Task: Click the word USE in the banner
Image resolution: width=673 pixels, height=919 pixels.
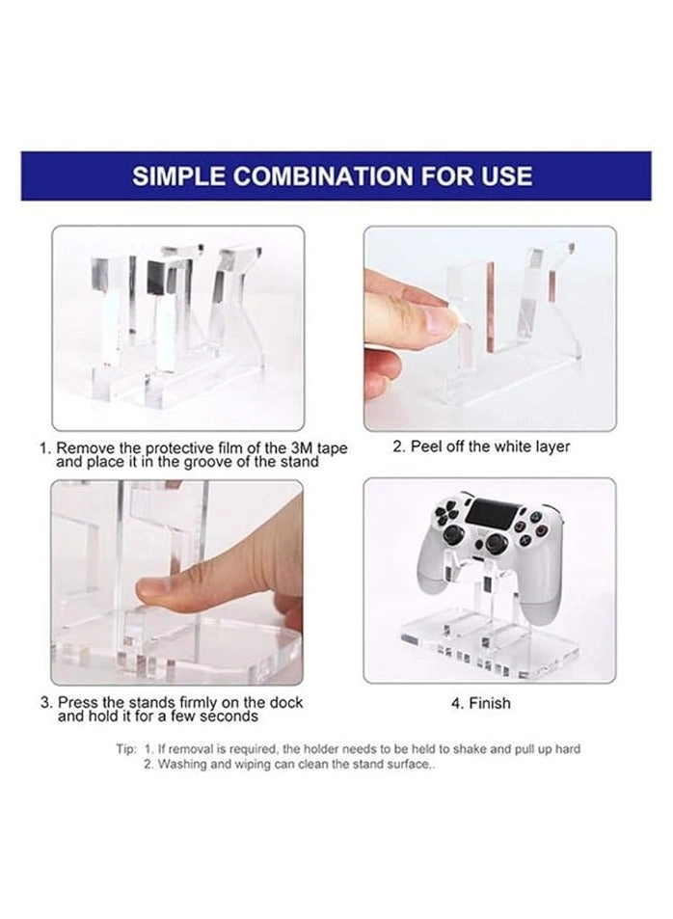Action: [x=507, y=176]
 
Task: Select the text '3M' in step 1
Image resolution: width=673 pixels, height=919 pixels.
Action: [x=303, y=448]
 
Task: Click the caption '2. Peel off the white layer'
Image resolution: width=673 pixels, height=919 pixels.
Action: [x=481, y=446]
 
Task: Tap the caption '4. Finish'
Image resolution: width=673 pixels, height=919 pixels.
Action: [x=481, y=703]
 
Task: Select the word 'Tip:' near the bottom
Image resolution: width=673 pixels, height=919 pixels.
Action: [x=126, y=749]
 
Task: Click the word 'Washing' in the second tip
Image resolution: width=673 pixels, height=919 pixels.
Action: [x=178, y=765]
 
